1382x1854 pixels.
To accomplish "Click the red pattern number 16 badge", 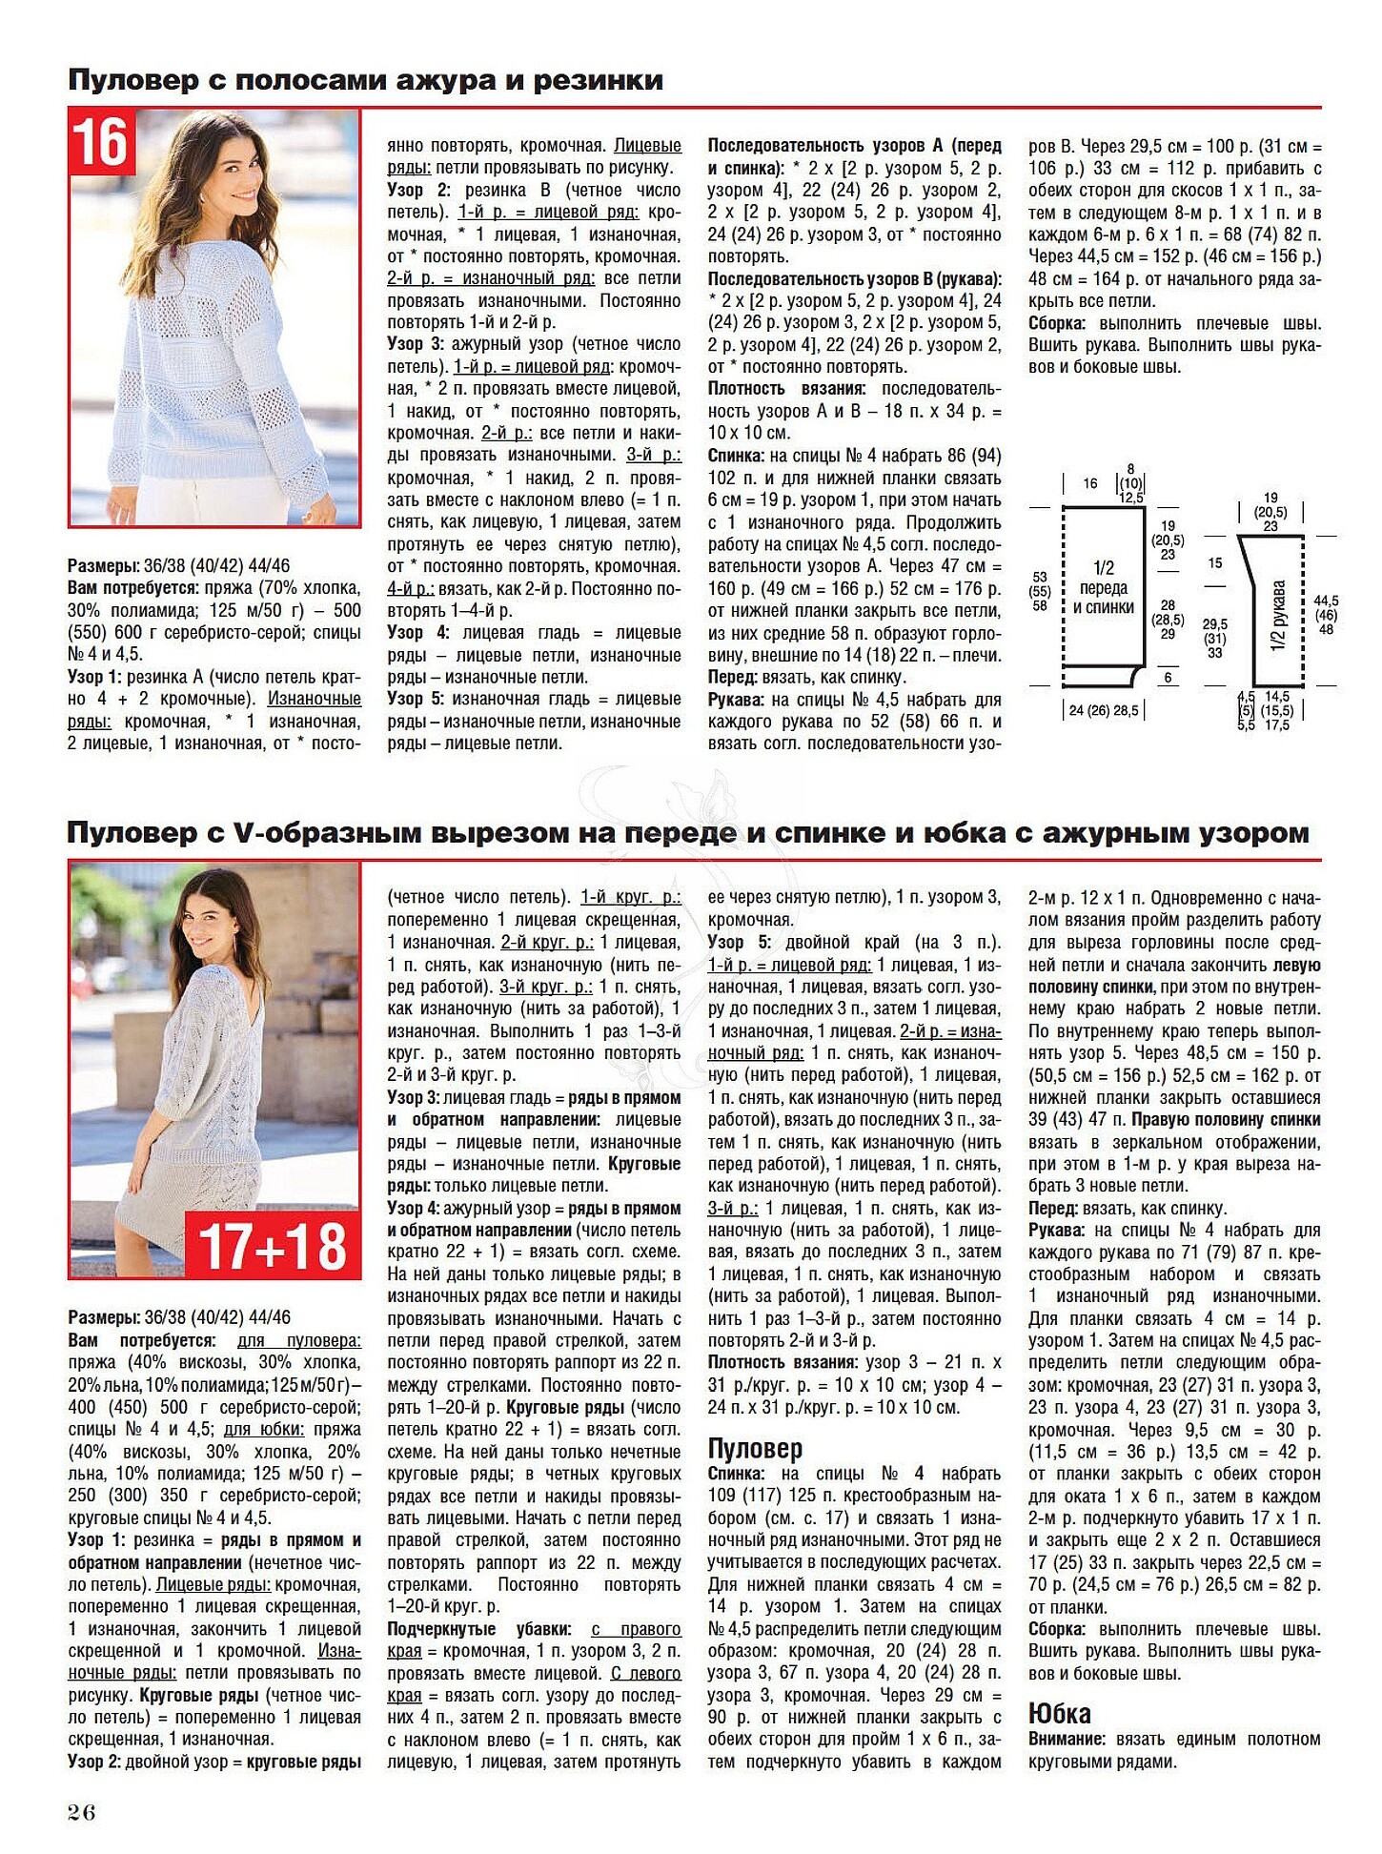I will tap(100, 141).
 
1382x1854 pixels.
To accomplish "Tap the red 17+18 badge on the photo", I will tap(273, 1246).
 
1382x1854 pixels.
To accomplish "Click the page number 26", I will tap(82, 1812).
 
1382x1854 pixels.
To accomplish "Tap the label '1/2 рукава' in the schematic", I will tap(1278, 617).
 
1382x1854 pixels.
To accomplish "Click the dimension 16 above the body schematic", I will tap(1090, 483).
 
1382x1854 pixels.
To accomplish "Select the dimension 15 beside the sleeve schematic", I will tap(1214, 562).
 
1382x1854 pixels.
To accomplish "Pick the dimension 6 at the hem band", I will tap(1168, 677).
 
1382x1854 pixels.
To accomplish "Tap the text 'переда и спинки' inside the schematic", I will tap(1104, 598).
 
